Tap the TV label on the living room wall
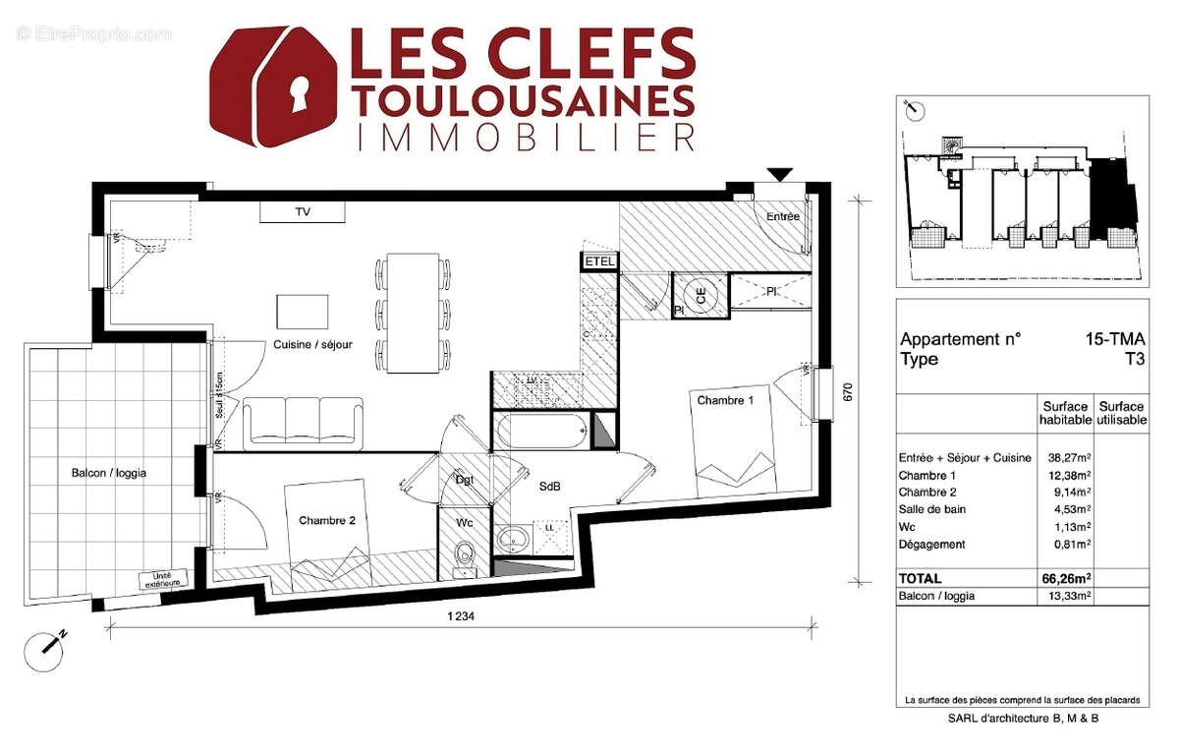[x=303, y=211]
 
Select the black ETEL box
[x=598, y=261]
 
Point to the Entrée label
[x=783, y=216]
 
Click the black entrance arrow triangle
[x=780, y=175]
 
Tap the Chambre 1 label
[x=725, y=400]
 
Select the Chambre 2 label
[x=327, y=521]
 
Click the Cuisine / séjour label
[x=312, y=344]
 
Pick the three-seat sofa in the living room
[x=303, y=422]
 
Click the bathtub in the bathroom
[x=541, y=431]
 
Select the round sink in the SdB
[x=512, y=540]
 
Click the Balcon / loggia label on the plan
[x=108, y=473]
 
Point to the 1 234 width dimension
[x=462, y=615]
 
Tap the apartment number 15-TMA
[x=1114, y=339]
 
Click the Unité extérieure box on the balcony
[x=163, y=580]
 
